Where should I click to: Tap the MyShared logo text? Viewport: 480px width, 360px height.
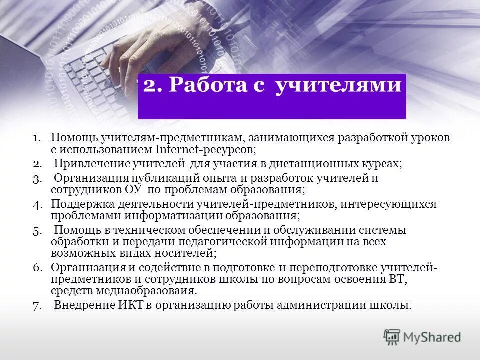click(433, 337)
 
